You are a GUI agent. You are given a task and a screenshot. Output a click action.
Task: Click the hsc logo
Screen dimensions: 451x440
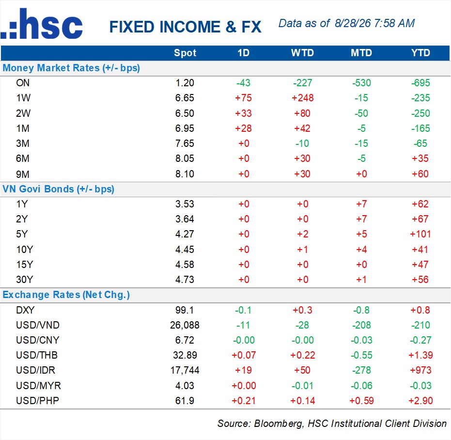pos(42,24)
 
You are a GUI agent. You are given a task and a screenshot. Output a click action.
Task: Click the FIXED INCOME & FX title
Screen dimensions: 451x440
pos(185,27)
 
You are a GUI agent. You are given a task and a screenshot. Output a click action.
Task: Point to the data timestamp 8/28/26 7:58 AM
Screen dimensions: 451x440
pos(374,23)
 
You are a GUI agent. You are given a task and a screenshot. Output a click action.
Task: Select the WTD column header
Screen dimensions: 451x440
pos(302,53)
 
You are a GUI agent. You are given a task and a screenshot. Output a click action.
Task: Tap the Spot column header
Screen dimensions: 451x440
pos(185,53)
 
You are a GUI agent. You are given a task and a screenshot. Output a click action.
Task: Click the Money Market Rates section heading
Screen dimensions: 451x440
pos(71,68)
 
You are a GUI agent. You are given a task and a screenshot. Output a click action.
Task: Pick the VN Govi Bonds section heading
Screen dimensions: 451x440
pos(59,189)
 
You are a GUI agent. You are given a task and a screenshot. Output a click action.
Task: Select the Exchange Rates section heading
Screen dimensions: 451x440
pos(66,295)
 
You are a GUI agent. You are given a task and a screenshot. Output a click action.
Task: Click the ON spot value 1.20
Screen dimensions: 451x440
pos(185,83)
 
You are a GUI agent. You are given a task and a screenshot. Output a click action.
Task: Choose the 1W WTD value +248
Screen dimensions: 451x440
pos(303,98)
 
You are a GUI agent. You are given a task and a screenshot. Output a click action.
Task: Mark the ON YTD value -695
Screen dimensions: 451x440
pos(420,83)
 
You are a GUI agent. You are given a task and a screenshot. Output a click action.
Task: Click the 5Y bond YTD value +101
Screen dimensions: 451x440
pos(420,234)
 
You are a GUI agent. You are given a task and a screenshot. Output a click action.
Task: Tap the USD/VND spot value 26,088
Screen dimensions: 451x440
pos(185,325)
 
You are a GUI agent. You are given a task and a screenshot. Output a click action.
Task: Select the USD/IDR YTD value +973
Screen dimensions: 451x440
pos(420,370)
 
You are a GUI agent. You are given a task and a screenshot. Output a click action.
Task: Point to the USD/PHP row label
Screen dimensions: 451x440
pos(37,401)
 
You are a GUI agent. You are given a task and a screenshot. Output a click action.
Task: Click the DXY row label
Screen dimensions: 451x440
pos(25,310)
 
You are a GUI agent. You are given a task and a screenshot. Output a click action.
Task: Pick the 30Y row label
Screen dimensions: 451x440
pos(24,280)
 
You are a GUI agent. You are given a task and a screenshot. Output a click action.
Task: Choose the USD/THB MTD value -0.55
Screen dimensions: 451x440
pos(361,355)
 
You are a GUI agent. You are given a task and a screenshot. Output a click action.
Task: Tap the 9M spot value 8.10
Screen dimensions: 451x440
pos(185,174)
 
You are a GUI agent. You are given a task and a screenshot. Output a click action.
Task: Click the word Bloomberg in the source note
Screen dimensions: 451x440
pos(278,424)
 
